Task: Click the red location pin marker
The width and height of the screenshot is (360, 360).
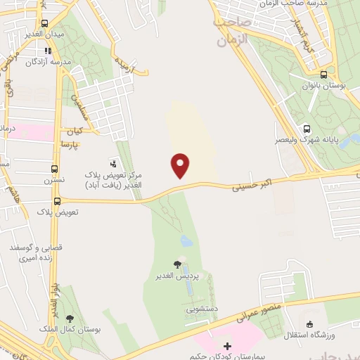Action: click(x=181, y=165)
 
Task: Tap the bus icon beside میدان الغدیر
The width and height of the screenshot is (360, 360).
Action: click(x=45, y=22)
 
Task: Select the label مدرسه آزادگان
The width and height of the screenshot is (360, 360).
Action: click(x=49, y=62)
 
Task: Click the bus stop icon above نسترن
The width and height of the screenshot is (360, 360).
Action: click(x=55, y=169)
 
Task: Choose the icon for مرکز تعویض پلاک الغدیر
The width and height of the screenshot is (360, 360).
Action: click(x=114, y=163)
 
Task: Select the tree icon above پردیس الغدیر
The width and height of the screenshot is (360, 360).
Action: click(x=176, y=264)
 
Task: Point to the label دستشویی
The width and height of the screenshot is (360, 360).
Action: click(x=201, y=308)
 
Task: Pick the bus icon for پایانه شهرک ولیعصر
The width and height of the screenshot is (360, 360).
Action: click(x=307, y=129)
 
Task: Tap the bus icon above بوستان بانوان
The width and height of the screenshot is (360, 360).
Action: click(x=323, y=75)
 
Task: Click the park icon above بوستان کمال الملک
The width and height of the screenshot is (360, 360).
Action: click(x=69, y=319)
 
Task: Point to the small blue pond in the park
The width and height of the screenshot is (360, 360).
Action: click(x=186, y=241)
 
